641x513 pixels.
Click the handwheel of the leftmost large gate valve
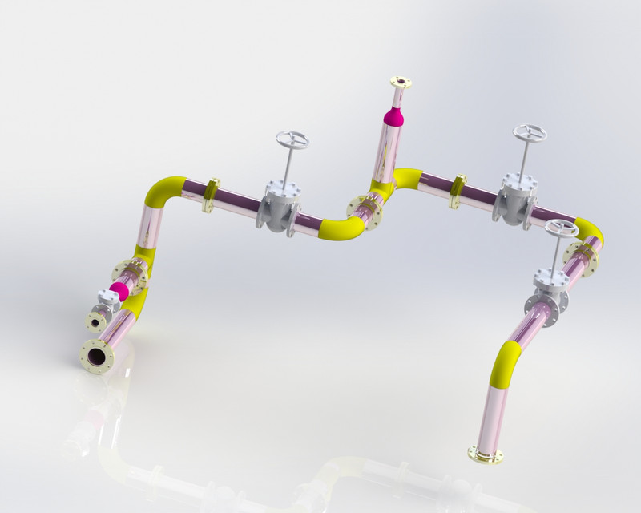point(292,141)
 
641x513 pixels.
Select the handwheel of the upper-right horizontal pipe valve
point(530,133)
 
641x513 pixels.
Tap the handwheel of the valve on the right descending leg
point(562,228)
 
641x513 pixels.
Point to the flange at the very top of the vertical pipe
point(401,83)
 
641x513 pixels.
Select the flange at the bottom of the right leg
point(486,455)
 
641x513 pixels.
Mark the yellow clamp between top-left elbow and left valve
point(212,195)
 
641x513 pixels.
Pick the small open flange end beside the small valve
point(96,322)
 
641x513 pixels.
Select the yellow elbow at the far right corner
point(590,231)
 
